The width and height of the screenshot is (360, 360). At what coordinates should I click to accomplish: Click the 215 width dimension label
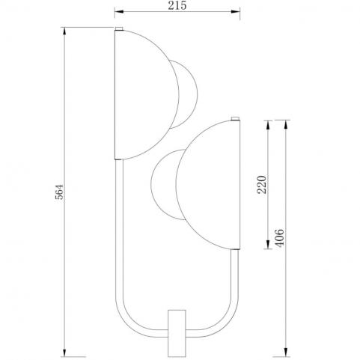177,5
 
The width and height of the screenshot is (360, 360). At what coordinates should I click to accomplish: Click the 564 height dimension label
59,192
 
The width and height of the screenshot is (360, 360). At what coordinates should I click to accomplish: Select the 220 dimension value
262,185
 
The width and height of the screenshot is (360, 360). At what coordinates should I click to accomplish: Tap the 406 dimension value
279,238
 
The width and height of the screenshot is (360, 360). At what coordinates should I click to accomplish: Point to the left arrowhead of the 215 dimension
119,11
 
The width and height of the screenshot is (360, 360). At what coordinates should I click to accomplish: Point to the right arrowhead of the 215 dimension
235,11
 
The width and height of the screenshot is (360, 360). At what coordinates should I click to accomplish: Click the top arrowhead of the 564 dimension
64,31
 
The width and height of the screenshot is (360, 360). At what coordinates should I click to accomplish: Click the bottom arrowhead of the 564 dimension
64,352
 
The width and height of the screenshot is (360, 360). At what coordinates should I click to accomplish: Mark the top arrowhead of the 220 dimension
268,125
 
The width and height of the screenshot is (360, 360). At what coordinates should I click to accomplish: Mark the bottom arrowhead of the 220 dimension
268,245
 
